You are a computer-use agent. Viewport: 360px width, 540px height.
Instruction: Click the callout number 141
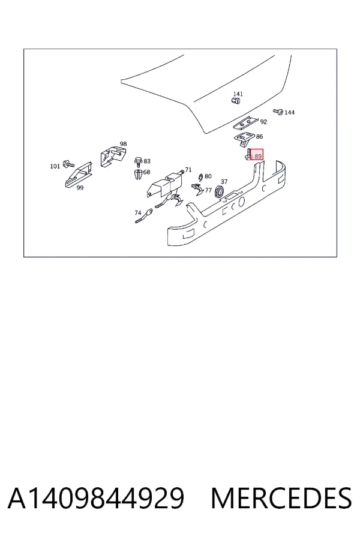click(238, 94)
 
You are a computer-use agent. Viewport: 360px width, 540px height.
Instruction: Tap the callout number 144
click(289, 112)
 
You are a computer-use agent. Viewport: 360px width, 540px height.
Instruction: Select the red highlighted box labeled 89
click(257, 155)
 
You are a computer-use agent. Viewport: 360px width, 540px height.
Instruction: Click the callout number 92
click(263, 122)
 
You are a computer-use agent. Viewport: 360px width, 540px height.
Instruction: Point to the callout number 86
click(259, 136)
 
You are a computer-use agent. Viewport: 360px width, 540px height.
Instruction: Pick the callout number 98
click(124, 143)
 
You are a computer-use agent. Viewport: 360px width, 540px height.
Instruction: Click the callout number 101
click(55, 166)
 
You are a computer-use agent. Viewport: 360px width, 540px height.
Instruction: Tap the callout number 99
click(80, 188)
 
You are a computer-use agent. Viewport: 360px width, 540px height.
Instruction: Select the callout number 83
click(147, 161)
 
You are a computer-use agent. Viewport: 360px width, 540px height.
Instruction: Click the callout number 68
click(147, 172)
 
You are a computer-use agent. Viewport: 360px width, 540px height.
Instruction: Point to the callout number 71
click(188, 169)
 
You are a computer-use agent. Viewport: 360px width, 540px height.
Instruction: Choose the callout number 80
click(208, 176)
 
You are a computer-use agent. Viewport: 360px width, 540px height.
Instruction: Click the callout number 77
click(208, 190)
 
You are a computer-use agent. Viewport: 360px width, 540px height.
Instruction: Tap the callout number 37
click(224, 181)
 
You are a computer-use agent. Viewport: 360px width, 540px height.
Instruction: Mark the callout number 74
click(138, 213)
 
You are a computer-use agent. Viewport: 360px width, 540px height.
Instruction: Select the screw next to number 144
click(278, 112)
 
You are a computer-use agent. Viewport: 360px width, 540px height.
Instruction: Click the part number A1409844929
click(96, 498)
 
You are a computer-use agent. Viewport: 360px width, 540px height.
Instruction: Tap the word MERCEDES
click(281, 498)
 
